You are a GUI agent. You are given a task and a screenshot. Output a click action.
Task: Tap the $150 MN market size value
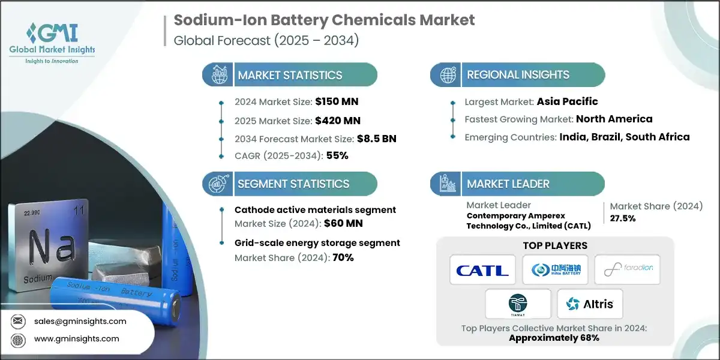337,101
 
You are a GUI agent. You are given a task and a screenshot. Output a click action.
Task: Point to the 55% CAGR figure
337,156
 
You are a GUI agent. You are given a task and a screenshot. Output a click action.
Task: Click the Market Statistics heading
290,75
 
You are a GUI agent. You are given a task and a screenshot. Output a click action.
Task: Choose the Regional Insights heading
518,75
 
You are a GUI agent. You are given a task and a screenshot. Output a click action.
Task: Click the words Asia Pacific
567,101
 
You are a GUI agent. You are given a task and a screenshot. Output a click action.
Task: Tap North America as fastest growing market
614,119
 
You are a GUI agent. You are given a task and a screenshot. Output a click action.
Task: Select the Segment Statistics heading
293,184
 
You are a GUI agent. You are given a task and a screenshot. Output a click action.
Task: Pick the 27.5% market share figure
623,218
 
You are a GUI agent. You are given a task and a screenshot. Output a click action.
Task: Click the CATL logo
482,270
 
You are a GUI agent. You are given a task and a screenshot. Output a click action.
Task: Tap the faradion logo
627,270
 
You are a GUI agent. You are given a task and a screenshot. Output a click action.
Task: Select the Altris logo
589,304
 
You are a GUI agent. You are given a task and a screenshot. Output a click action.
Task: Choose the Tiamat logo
518,304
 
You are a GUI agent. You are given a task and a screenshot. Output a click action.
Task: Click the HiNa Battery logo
554,270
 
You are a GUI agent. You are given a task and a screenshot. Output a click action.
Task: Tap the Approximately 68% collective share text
554,338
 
